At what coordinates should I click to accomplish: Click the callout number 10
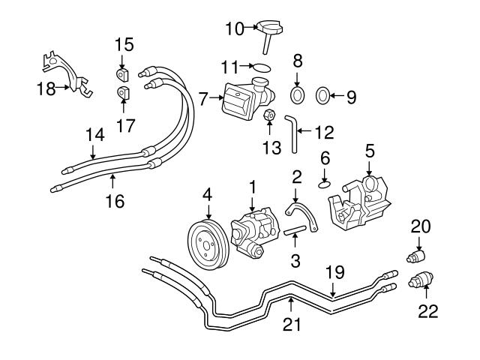[x=234, y=28]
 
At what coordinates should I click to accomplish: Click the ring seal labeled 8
[x=298, y=95]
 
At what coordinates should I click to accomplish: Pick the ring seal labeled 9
[x=322, y=95]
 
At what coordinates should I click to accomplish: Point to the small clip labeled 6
[x=324, y=180]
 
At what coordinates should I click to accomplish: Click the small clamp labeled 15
[x=123, y=73]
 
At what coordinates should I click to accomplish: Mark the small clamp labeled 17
[x=123, y=94]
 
